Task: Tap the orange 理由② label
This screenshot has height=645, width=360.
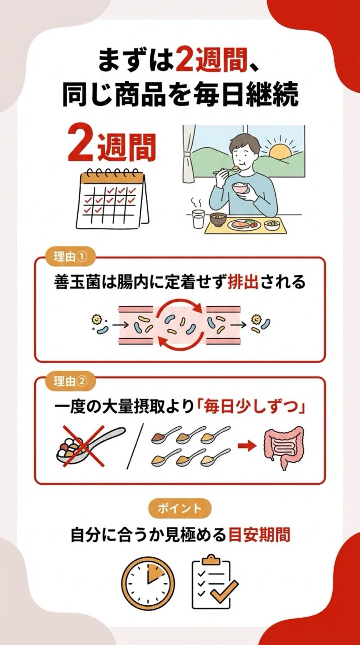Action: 70,381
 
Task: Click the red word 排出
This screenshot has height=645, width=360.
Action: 243,282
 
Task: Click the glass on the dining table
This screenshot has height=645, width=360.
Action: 198,219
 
